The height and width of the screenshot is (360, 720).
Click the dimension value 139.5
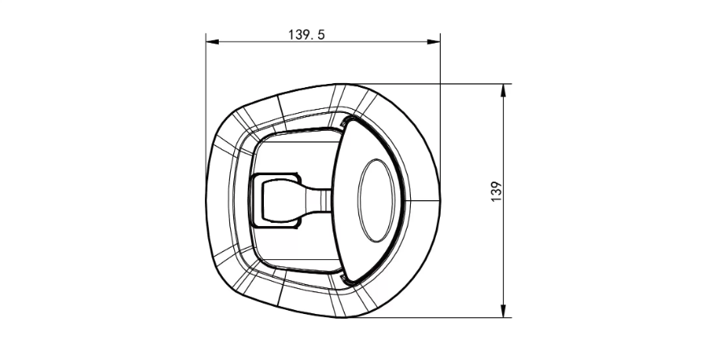tap(306, 35)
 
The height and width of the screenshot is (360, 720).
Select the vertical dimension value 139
tap(496, 191)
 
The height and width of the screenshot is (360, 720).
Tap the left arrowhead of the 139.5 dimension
tap(212, 42)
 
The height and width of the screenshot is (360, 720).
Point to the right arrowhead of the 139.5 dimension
tap(433, 42)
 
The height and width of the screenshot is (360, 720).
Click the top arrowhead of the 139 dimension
tap(504, 90)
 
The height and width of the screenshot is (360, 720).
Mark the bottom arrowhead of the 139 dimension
tap(504, 311)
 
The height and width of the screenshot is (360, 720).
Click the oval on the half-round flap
tap(376, 200)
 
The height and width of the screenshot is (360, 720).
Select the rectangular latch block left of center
tap(274, 201)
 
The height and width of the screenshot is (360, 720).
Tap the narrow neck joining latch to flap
tap(318, 201)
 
